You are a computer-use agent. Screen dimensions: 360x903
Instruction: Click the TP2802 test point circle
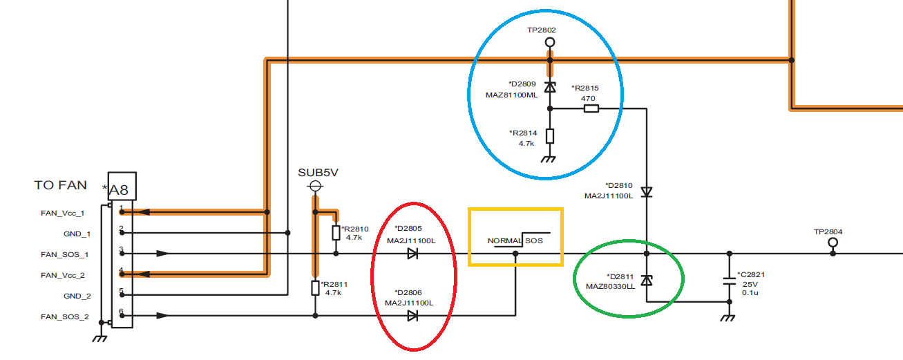550,42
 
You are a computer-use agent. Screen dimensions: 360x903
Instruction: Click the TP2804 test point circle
833,243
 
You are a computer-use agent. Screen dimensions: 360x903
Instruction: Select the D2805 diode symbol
412,254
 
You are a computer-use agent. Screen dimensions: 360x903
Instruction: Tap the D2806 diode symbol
412,316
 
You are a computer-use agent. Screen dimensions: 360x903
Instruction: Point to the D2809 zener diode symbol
550,87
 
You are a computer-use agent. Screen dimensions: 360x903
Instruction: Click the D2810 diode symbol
646,191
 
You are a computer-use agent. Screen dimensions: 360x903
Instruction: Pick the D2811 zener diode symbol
646,280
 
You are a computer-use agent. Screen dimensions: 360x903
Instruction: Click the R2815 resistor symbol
591,108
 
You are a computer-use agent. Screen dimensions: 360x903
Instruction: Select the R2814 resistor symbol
550,135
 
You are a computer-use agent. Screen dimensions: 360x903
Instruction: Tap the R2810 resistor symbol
336,232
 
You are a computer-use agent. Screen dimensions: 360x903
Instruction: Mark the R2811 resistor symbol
316,287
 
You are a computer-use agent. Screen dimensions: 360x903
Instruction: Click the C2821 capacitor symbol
730,281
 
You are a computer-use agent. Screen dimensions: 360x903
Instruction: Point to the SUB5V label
318,172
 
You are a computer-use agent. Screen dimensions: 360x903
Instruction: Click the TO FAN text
61,185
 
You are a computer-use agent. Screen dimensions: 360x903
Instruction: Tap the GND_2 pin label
77,296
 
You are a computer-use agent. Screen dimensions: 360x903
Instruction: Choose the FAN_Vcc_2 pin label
63,275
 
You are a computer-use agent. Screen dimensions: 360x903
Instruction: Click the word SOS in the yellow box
534,241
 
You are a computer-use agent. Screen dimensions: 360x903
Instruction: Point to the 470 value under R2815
589,99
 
